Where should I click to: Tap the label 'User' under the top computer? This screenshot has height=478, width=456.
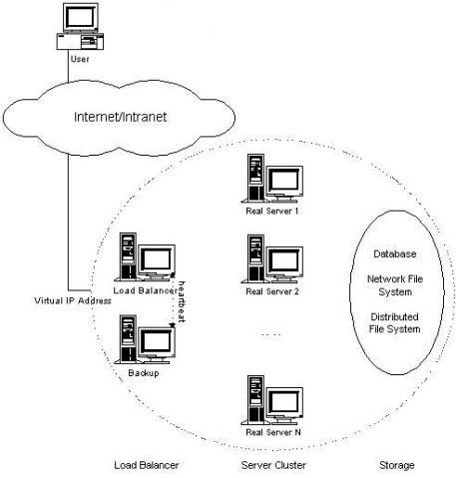click(x=81, y=58)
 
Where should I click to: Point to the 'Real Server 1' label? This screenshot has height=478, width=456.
click(x=271, y=211)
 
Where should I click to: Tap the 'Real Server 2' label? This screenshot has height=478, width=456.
click(x=271, y=290)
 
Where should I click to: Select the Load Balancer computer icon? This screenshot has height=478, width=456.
click(x=146, y=257)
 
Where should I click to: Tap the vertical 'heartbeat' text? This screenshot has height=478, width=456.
click(x=182, y=299)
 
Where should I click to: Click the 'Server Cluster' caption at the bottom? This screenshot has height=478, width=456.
click(x=272, y=465)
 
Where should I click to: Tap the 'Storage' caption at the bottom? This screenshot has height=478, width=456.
click(x=397, y=465)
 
